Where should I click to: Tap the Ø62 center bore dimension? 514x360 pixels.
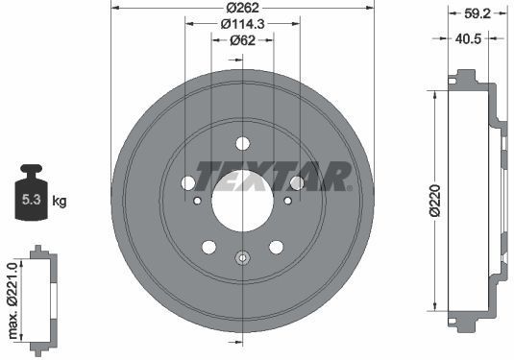point(242,40)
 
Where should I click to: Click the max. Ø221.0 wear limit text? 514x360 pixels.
point(12,299)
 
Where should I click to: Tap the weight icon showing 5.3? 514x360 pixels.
point(30,196)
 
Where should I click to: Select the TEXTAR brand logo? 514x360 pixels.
point(273,177)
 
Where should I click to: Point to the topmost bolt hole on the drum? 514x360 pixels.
point(242,143)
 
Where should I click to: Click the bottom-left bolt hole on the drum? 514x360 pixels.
point(209,248)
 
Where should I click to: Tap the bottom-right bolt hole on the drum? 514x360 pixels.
point(276,248)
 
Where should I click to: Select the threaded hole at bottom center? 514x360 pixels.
point(242,256)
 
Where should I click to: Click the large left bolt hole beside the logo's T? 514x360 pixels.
point(188,181)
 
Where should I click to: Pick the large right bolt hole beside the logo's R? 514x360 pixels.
point(297,181)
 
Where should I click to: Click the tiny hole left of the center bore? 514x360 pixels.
point(198,201)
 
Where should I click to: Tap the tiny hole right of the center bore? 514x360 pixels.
point(287,201)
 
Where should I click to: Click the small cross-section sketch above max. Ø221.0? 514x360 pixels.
point(39,299)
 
